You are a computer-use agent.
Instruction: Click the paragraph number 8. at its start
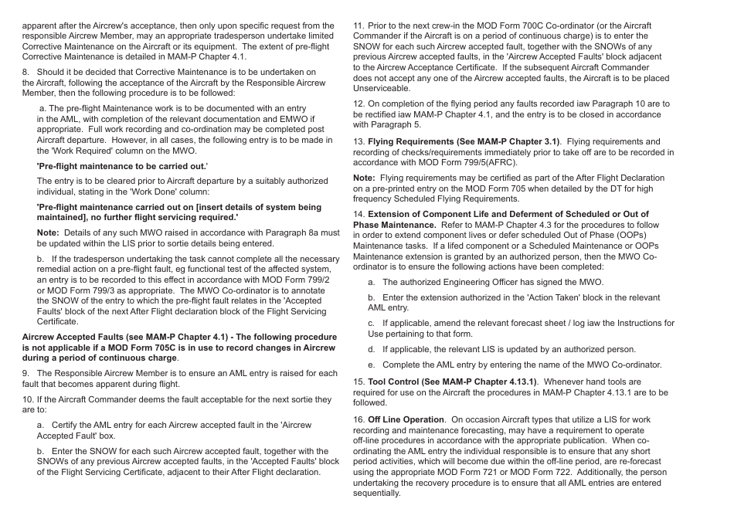(25, 72)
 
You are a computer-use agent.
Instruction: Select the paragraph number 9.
(25, 373)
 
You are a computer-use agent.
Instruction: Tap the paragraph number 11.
(359, 25)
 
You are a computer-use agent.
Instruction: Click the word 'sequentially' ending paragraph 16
(377, 493)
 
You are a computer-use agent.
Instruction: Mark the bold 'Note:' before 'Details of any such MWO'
(48, 232)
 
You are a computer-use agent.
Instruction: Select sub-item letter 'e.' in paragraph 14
(372, 365)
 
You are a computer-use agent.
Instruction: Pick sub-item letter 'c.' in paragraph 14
(372, 323)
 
